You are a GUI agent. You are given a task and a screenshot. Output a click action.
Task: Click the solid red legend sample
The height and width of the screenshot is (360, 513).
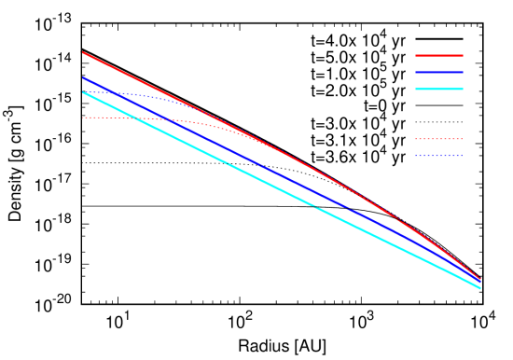(x=438, y=55)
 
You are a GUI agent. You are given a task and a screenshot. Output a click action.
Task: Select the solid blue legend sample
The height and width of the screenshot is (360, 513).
(x=438, y=72)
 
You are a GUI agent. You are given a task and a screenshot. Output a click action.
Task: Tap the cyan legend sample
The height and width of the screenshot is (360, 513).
(x=438, y=89)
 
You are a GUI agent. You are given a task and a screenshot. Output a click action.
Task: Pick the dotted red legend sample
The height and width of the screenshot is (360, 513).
(x=438, y=139)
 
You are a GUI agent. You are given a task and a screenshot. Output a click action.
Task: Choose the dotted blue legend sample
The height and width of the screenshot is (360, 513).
(x=438, y=156)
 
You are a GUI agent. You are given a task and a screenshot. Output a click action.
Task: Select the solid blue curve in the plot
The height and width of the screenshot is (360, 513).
(x=280, y=173)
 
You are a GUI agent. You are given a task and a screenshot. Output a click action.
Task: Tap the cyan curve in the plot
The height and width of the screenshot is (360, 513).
(x=280, y=189)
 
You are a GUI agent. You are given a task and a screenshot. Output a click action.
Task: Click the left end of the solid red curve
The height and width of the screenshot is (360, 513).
(x=83, y=52)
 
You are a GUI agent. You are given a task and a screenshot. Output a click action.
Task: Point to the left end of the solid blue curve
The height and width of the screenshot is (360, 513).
(x=83, y=77)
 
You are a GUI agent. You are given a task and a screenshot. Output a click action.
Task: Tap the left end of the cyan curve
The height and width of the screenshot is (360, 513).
(x=83, y=91)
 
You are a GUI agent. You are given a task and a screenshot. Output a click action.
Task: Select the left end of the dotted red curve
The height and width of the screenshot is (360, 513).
(x=83, y=118)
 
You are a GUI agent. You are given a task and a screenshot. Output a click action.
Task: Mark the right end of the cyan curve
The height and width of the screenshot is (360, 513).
(x=480, y=288)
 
